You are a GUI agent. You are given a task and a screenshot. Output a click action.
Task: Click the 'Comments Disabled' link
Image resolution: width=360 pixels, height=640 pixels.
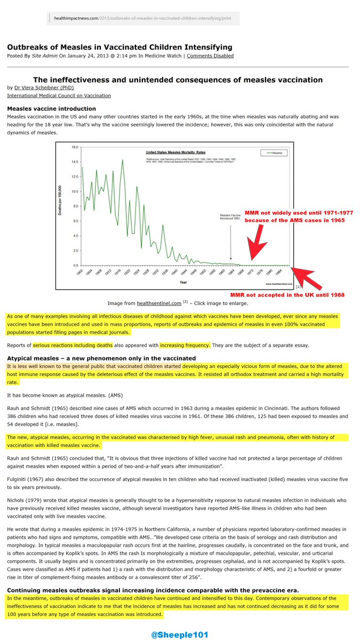point(210,55)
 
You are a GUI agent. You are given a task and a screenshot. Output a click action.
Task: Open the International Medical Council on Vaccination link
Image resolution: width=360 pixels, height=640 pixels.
point(59,95)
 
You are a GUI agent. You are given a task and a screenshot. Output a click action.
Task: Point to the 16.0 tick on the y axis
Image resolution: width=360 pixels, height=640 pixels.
point(75,147)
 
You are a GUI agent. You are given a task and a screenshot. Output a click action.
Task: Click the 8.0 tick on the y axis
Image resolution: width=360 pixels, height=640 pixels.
point(75,206)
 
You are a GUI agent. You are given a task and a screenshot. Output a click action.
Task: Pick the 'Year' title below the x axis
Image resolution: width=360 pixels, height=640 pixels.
point(183,282)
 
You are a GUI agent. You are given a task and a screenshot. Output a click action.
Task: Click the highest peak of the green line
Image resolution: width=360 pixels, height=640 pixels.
point(123,160)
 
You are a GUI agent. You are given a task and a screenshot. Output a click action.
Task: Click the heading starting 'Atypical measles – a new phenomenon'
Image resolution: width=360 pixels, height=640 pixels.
point(101,358)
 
